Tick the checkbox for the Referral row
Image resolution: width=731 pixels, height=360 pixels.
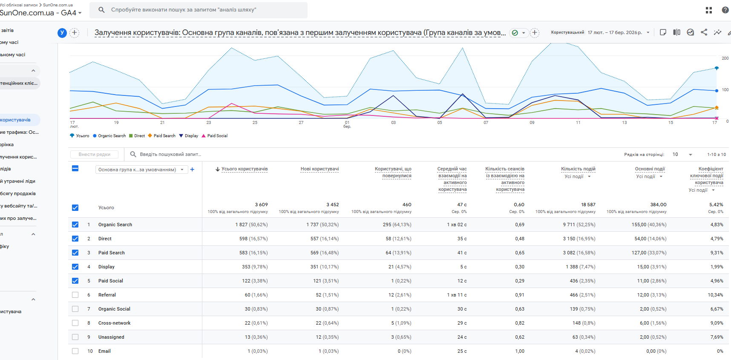point(75,295)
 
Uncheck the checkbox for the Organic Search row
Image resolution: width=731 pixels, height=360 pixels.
point(75,225)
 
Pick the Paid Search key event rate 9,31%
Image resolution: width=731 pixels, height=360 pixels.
point(717,253)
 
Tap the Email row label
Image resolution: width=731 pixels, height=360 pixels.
point(104,351)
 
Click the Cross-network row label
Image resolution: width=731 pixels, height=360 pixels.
point(114,323)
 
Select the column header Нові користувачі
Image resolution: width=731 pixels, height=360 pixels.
point(319,169)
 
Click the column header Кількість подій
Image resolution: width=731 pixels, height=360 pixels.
point(578,169)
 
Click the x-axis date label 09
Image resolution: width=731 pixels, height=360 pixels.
point(532,123)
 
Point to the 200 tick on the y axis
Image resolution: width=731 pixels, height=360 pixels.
point(725,58)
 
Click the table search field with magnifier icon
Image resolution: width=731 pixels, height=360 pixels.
point(170,154)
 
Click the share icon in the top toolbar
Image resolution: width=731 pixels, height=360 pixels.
point(704,32)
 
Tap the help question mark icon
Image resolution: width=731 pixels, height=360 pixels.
point(725,10)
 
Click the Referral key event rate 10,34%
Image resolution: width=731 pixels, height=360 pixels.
point(715,295)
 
